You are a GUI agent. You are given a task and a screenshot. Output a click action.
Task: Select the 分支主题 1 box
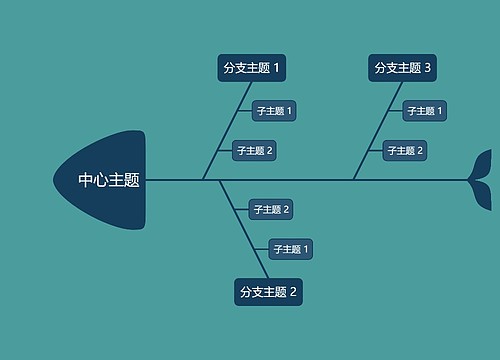251,68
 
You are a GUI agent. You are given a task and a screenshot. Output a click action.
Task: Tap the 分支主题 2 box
268,292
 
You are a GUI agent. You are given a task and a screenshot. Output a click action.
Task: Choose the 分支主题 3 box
402,68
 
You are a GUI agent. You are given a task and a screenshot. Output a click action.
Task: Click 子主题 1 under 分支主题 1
273,111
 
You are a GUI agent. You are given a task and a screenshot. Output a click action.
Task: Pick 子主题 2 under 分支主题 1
253,151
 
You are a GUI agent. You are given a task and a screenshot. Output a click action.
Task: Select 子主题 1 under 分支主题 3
424,111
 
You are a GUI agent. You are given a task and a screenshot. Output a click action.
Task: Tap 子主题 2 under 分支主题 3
405,151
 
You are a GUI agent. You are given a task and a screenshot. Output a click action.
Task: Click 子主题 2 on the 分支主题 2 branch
270,209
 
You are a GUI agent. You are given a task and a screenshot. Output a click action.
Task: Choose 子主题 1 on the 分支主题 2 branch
290,249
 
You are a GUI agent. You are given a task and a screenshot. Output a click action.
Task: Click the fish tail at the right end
481,180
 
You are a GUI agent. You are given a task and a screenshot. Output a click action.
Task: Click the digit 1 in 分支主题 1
277,68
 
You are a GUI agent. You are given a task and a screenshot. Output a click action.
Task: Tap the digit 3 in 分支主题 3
428,68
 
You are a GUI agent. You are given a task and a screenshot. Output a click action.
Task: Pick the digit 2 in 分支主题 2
294,292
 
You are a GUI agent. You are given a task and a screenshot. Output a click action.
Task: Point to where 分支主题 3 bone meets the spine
353,180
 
